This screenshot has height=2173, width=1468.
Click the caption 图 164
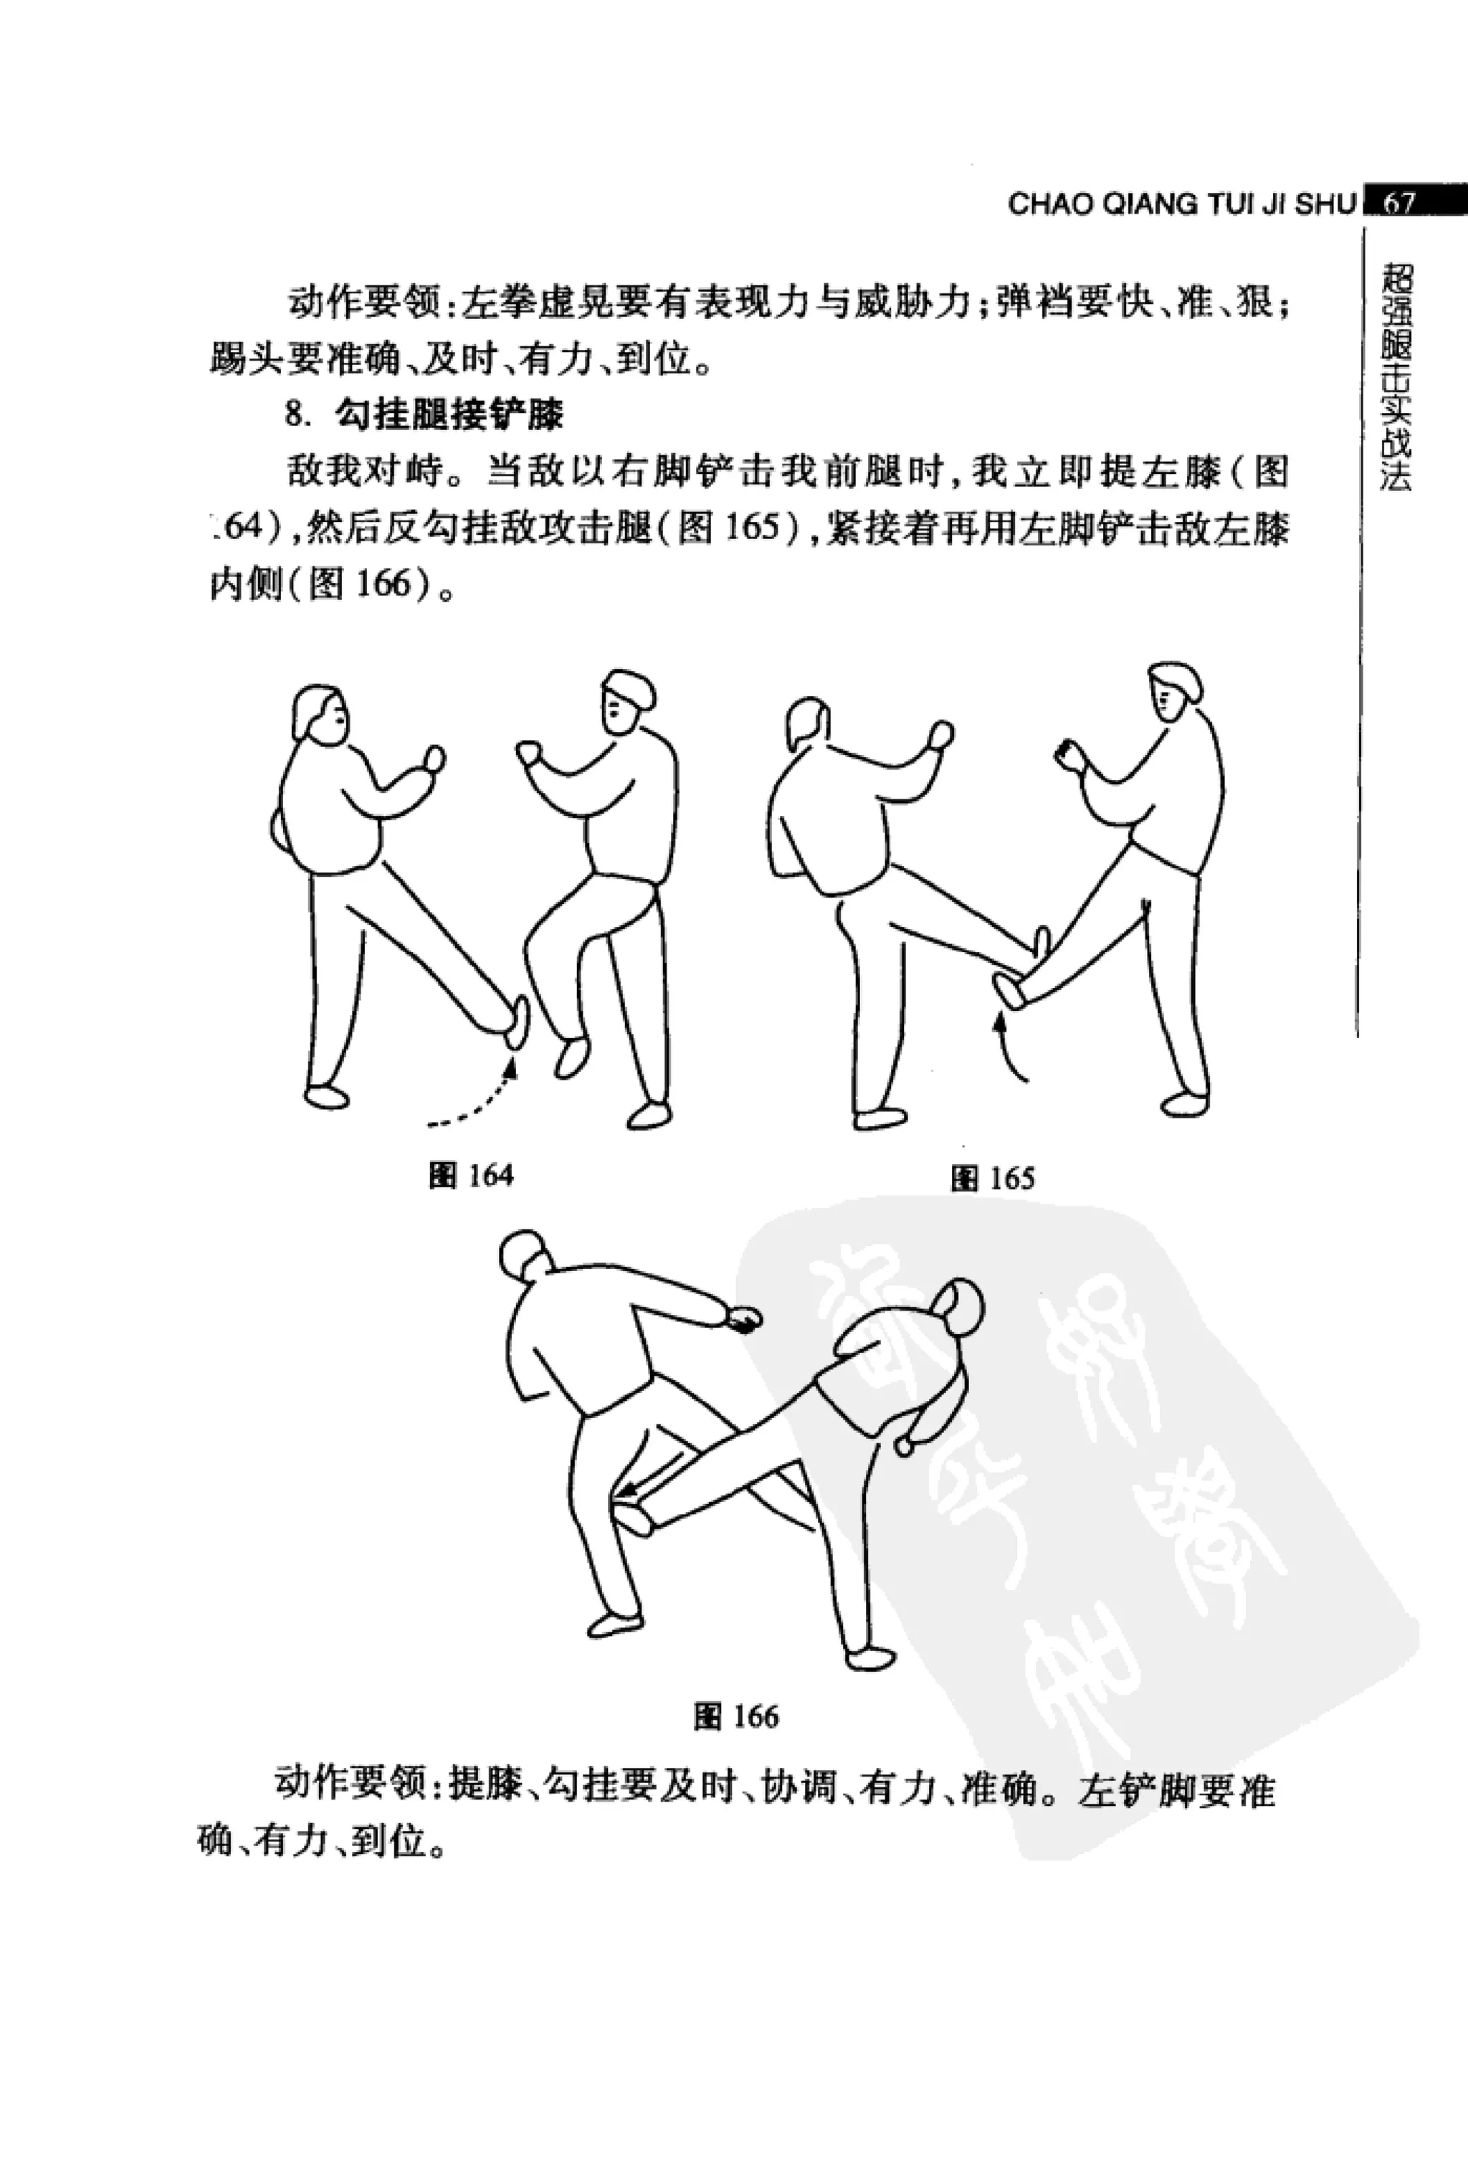(471, 1175)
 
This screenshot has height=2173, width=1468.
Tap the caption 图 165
(992, 1178)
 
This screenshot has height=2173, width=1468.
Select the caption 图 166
(736, 1717)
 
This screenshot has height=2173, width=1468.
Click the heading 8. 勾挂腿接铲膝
(426, 414)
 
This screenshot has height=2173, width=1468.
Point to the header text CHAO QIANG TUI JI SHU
(1181, 204)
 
